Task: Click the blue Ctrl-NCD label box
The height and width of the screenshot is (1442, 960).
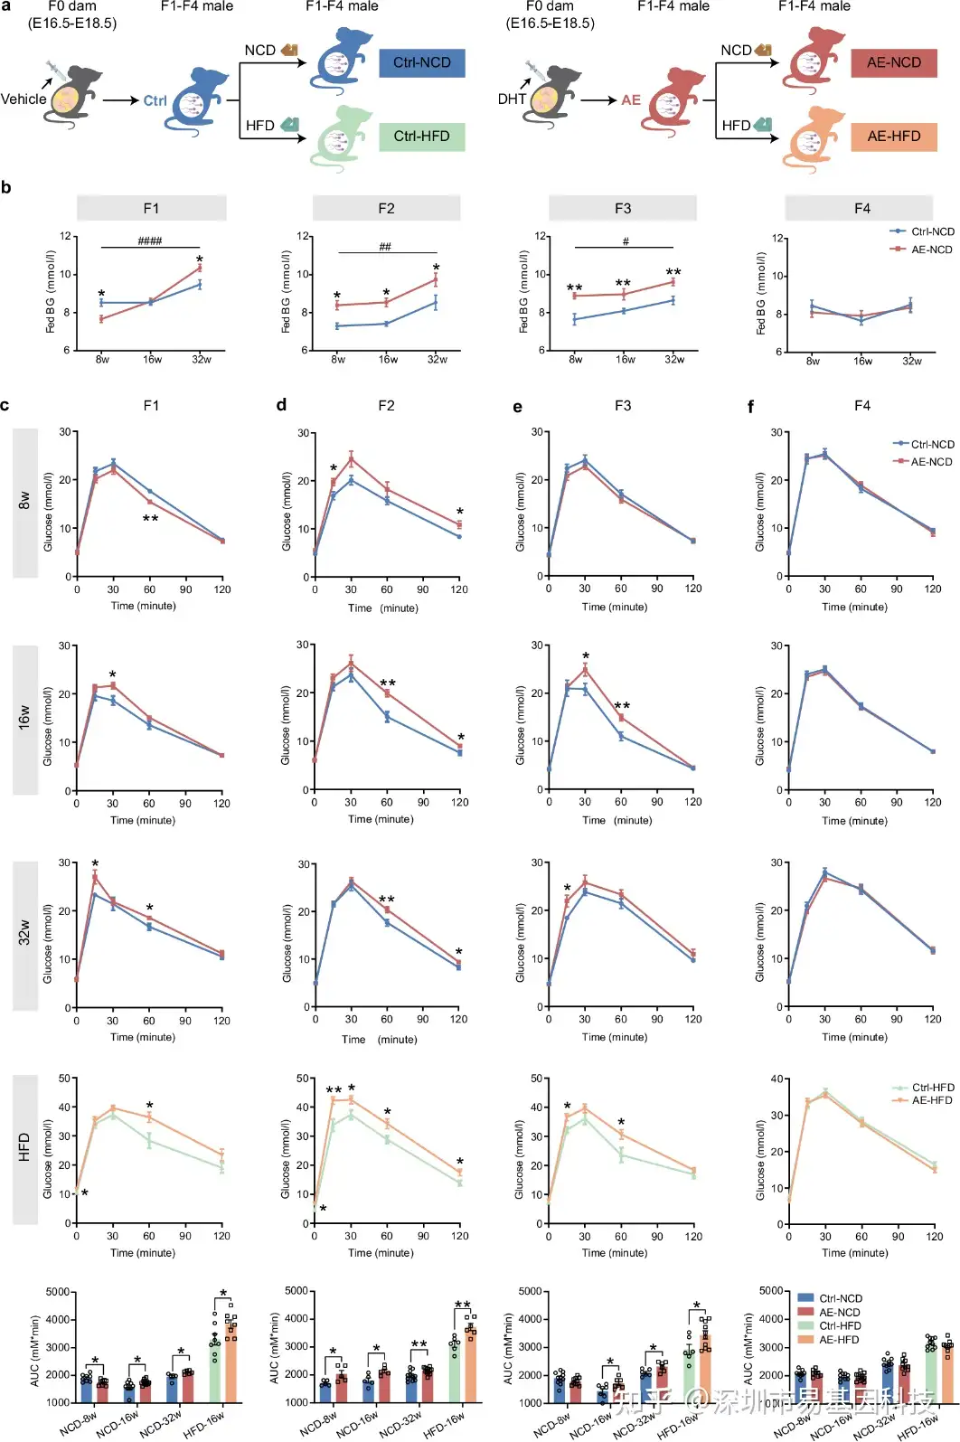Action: (421, 63)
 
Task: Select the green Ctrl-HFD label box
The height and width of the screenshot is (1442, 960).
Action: (421, 137)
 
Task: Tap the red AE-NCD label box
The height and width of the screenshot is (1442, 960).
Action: (893, 63)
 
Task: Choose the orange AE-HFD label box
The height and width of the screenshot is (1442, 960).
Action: (893, 137)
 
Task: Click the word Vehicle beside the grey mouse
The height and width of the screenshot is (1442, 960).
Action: (24, 99)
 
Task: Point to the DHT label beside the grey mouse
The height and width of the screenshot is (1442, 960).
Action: (512, 99)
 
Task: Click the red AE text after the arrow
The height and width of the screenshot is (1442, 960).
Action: (631, 100)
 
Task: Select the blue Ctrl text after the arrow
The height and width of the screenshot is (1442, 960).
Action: (155, 100)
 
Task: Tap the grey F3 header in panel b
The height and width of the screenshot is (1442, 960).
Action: (623, 209)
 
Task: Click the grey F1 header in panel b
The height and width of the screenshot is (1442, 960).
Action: (151, 209)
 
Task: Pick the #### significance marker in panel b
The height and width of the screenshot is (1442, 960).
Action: (150, 241)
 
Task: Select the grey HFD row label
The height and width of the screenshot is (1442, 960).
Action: (25, 1148)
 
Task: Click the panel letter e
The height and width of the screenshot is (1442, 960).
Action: (517, 407)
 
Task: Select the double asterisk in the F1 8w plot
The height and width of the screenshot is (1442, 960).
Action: (150, 519)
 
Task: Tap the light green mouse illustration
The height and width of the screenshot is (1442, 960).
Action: (342, 137)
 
